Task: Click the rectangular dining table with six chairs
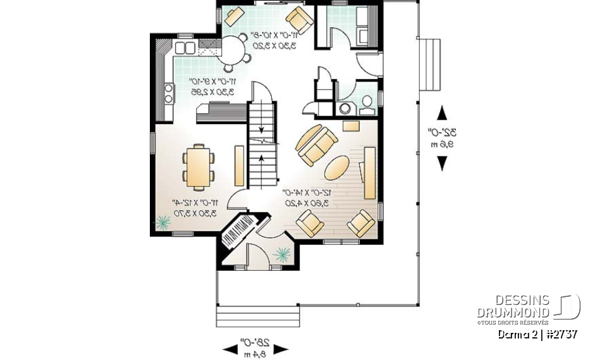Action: tap(199, 166)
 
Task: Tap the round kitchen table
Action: tap(233, 47)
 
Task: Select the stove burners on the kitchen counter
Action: tap(169, 94)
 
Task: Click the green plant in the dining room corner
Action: tap(162, 222)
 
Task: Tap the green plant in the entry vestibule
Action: tap(281, 254)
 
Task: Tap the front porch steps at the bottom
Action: tap(257, 314)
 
